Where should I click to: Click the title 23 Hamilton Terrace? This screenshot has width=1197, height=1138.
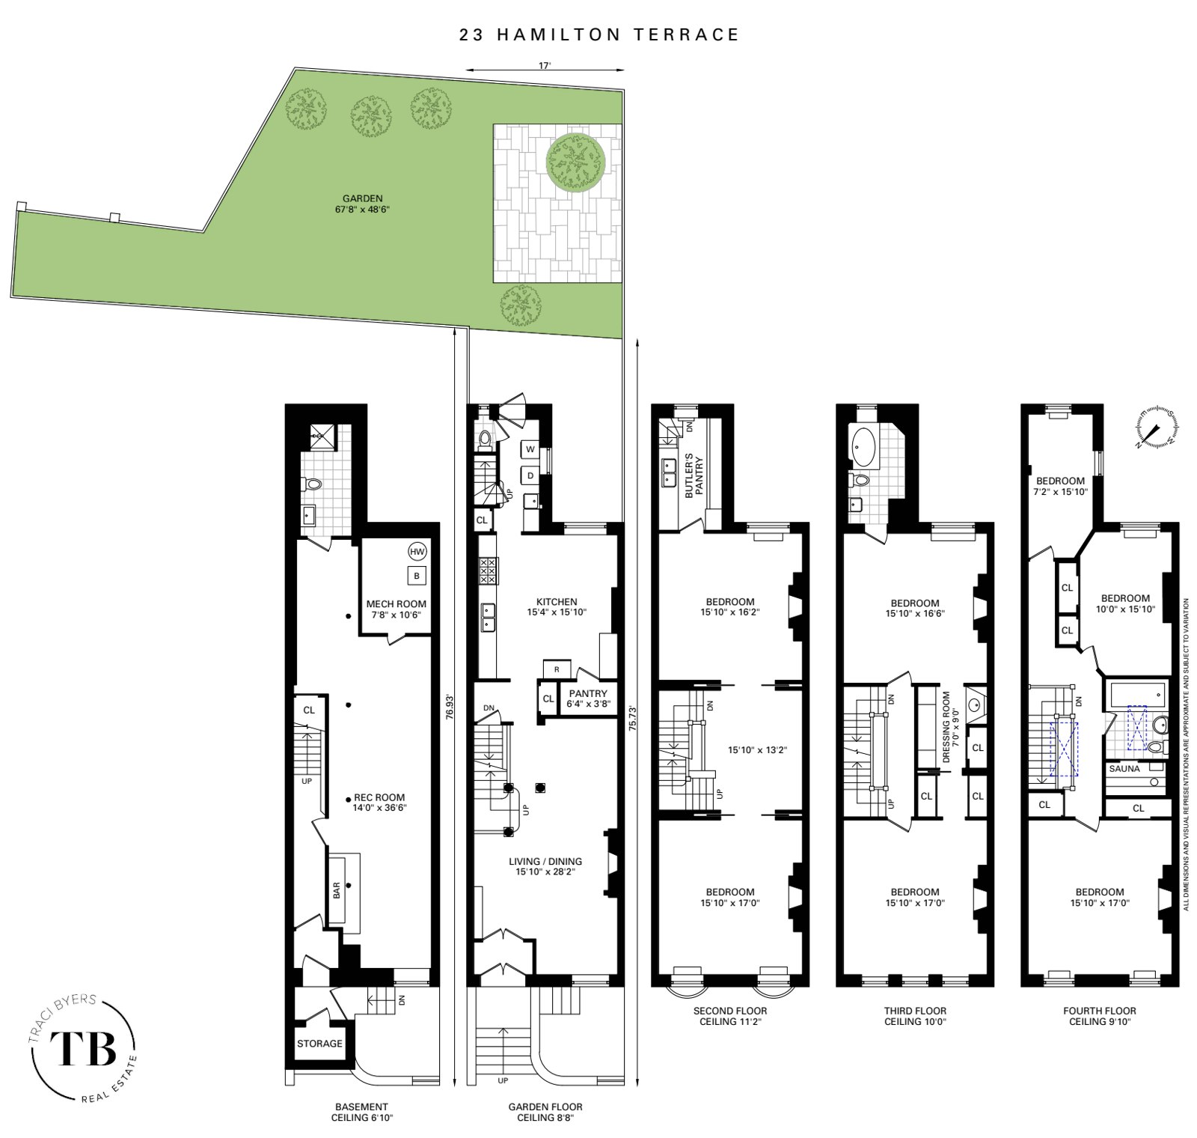(x=599, y=34)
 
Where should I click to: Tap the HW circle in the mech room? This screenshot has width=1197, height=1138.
(x=417, y=552)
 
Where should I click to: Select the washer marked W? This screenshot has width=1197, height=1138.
(x=530, y=449)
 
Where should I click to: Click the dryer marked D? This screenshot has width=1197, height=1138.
(x=530, y=475)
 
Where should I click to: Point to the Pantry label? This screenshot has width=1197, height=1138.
(x=587, y=694)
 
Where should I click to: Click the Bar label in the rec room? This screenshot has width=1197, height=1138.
(x=337, y=889)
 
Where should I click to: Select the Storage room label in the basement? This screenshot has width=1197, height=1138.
(x=319, y=1044)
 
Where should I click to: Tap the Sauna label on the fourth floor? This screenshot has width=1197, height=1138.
(x=1124, y=769)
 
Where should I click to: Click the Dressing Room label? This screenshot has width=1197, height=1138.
(x=947, y=726)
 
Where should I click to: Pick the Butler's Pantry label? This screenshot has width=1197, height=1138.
(x=694, y=475)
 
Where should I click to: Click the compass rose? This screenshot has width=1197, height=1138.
(x=1157, y=428)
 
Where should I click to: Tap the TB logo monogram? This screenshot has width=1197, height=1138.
(x=83, y=1049)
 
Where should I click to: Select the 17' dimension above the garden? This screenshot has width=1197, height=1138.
(x=545, y=66)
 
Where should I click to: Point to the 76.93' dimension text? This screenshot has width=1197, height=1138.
(x=450, y=705)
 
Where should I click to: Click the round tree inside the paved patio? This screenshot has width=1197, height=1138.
(x=575, y=162)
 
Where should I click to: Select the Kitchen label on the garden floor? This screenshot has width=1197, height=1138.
(x=557, y=601)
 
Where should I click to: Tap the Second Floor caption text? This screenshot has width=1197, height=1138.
(x=729, y=1011)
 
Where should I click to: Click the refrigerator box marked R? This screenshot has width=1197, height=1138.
(x=556, y=669)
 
